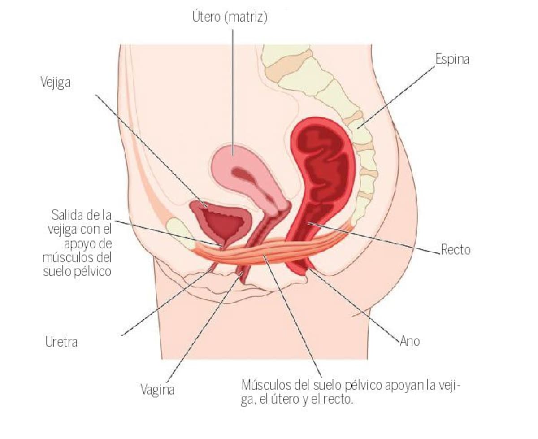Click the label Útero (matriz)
(230, 17)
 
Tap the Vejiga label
(56, 83)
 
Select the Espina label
(452, 59)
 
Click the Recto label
(456, 249)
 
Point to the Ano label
(410, 341)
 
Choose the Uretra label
(61, 342)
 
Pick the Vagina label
(158, 390)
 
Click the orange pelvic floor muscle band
(270, 250)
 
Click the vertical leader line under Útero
(233, 92)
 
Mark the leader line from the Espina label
(396, 97)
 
